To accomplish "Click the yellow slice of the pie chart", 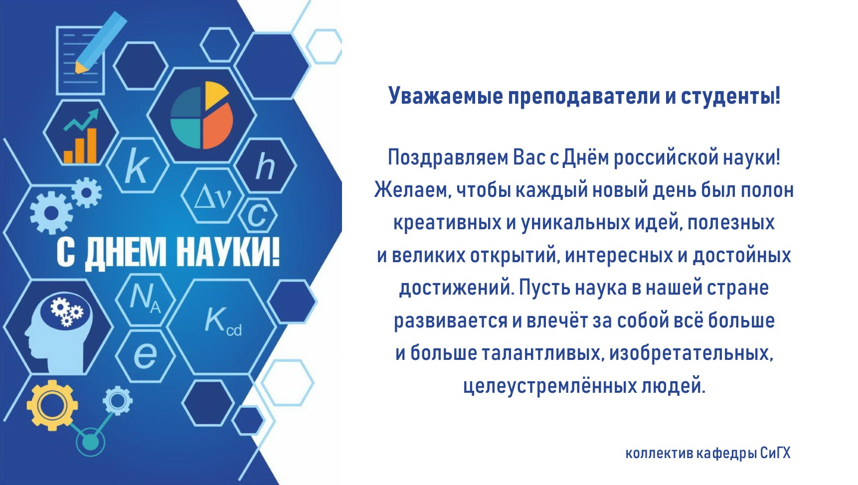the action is pos(214,95).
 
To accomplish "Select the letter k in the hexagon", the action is pos(136,166).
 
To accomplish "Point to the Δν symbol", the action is pos(213,197).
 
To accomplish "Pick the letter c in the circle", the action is pos(257,216).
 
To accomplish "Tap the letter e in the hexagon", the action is pos(145,355).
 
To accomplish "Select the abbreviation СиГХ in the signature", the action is pos(775,453).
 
